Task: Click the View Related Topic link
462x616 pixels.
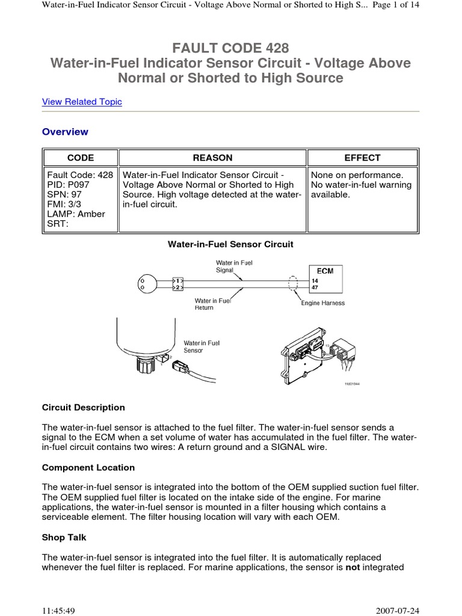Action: (x=82, y=102)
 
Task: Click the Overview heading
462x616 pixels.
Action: (x=65, y=132)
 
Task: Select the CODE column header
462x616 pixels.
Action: (x=81, y=158)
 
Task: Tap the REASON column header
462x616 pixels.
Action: (x=212, y=158)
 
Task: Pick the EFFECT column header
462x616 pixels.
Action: (x=362, y=158)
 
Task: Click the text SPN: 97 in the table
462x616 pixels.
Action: (x=64, y=195)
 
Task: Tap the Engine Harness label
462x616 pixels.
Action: (x=323, y=303)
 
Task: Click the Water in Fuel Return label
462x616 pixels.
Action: (x=213, y=304)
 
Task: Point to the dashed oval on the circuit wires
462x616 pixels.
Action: (x=294, y=284)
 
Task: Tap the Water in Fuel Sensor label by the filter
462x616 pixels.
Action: (x=202, y=346)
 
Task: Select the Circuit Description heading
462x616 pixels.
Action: (x=84, y=407)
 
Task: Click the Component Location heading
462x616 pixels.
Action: (x=88, y=467)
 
